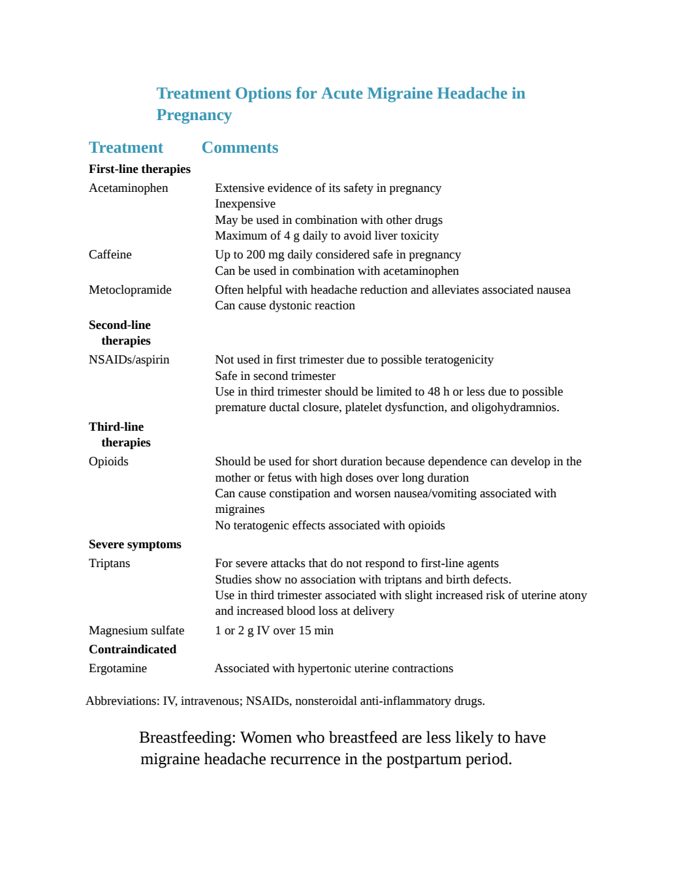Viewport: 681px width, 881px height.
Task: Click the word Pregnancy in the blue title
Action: (x=194, y=116)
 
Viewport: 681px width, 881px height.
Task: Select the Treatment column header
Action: (x=126, y=147)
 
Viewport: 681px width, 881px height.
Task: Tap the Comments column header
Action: (x=240, y=147)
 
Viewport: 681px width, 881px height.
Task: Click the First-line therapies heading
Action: (x=140, y=169)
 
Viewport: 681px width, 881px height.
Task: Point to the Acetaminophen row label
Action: (x=128, y=188)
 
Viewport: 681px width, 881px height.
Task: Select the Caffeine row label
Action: (x=110, y=255)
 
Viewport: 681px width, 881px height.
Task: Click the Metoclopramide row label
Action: (x=130, y=290)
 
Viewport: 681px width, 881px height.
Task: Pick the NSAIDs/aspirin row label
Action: (x=129, y=360)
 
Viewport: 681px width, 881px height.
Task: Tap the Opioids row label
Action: (x=108, y=462)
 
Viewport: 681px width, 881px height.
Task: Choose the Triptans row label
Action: (x=109, y=564)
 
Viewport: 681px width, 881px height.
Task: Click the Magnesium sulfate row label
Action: (x=136, y=630)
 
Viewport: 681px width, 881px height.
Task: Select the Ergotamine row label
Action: (x=118, y=668)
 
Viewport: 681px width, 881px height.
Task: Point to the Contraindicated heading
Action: (x=133, y=649)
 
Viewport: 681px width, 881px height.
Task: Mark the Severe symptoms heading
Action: (x=135, y=544)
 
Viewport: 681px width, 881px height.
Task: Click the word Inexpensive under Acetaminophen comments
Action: (x=245, y=204)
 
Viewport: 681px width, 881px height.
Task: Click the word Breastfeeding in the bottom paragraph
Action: (x=187, y=737)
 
